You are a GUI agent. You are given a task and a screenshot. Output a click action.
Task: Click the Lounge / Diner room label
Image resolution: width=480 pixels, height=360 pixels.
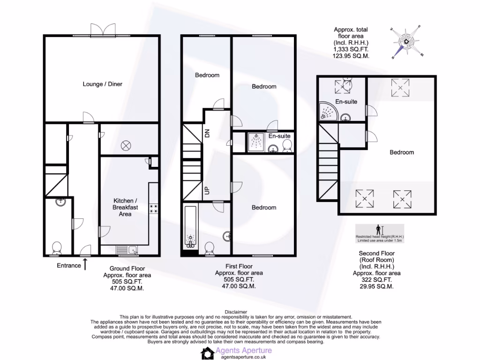pyautogui.click(x=102, y=84)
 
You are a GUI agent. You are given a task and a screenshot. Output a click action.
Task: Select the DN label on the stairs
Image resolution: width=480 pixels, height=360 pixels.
pyautogui.click(x=207, y=133)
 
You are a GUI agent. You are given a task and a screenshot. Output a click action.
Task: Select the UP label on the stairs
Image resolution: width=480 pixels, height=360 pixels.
pyautogui.click(x=207, y=191)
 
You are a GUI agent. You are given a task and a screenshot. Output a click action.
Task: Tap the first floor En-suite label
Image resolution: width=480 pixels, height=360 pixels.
pyautogui.click(x=279, y=136)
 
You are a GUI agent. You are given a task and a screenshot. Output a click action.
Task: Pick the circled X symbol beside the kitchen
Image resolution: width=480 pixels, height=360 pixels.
pyautogui.click(x=126, y=145)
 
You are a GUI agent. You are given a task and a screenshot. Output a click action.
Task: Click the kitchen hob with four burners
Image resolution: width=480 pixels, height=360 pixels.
pyautogui.click(x=153, y=209)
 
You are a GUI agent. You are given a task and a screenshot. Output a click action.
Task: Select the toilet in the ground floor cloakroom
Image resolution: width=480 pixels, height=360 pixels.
pyautogui.click(x=57, y=247)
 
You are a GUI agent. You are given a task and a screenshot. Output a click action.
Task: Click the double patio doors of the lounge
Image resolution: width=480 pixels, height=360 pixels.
pyautogui.click(x=102, y=30)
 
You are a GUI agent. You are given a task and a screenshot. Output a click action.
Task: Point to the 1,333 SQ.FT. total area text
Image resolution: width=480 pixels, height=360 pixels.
pyautogui.click(x=351, y=48)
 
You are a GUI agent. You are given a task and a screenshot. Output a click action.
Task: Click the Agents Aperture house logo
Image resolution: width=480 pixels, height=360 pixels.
pyautogui.click(x=208, y=353)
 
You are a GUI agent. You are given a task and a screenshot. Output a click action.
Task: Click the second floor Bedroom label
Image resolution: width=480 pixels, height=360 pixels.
pyautogui.click(x=402, y=152)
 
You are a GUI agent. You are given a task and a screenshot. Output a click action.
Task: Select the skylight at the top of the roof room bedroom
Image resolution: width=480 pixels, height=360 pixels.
pyautogui.click(x=400, y=88)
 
